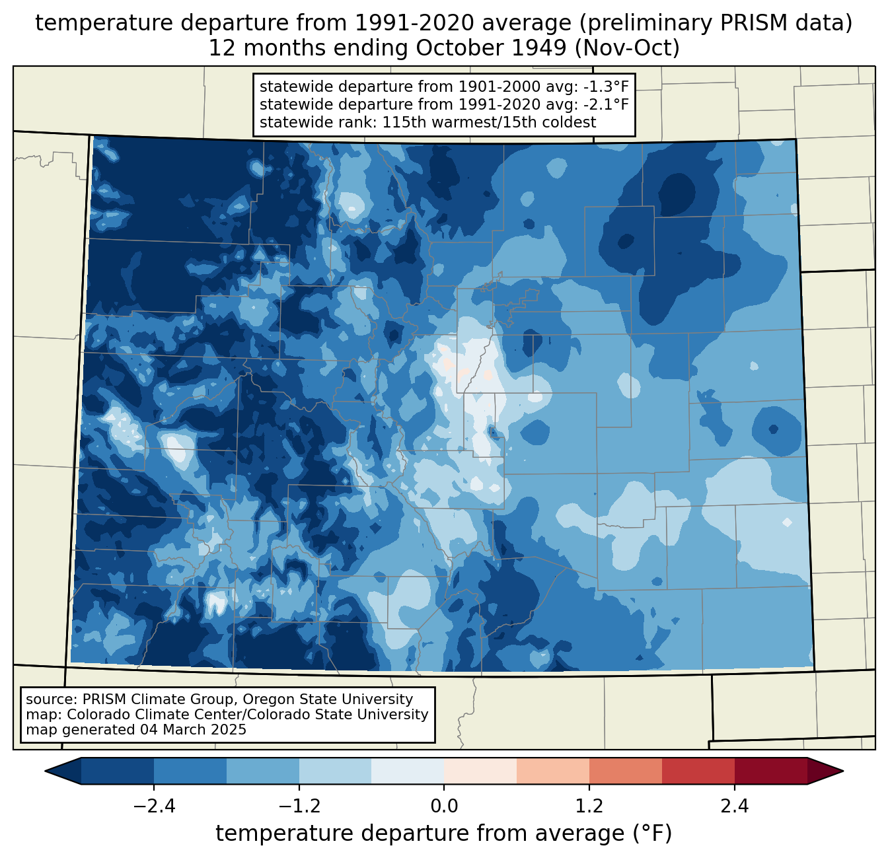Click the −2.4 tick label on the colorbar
(x=154, y=806)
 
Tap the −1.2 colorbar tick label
(x=299, y=806)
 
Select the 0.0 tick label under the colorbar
(x=444, y=806)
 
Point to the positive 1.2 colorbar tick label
(x=589, y=806)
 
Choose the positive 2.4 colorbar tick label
(x=734, y=806)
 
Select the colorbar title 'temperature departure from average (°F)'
(x=444, y=834)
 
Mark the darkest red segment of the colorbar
(x=770, y=771)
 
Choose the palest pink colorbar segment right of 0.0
(x=480, y=771)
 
